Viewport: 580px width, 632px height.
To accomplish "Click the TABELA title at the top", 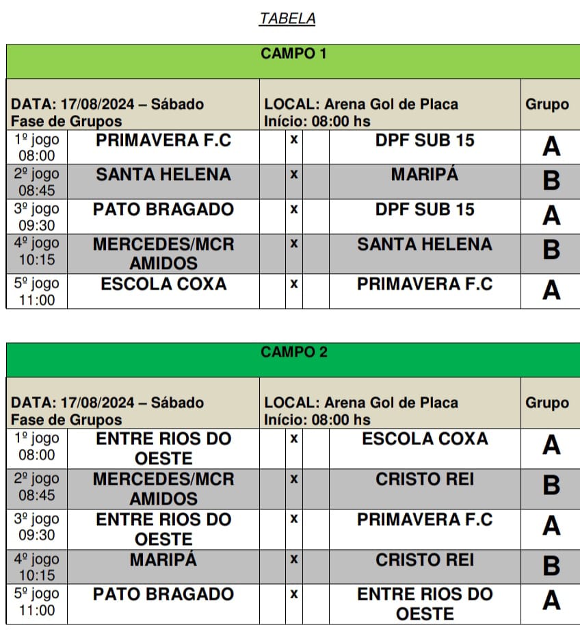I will (x=287, y=18).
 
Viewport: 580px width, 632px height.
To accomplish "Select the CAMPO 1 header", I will (x=293, y=53).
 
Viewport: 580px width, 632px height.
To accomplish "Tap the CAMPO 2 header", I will (x=293, y=352).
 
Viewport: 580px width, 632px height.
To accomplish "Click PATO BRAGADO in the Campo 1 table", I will (x=163, y=209).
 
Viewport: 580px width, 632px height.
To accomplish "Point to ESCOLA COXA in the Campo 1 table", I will (x=163, y=283).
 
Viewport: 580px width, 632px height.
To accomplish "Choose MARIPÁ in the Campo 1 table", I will (x=424, y=175).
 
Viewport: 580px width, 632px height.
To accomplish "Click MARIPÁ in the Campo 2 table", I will (x=163, y=559).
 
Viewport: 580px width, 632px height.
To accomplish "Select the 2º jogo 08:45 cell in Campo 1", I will (x=36, y=181).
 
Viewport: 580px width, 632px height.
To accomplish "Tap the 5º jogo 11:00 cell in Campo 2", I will (x=36, y=601).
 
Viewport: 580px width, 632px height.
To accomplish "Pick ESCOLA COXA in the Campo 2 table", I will (x=424, y=439).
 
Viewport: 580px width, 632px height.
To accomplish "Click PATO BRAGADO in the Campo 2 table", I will (x=163, y=594).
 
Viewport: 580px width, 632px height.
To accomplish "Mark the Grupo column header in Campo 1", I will (x=546, y=104).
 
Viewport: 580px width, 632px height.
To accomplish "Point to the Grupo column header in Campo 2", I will (x=546, y=403).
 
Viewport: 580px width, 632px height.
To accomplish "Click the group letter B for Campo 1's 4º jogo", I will (x=551, y=250).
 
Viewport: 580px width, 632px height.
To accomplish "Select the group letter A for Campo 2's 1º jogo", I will (x=551, y=446).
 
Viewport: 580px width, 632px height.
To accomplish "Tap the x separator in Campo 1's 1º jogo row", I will (x=293, y=140).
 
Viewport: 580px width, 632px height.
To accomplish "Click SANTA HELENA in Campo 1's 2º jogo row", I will (x=163, y=175).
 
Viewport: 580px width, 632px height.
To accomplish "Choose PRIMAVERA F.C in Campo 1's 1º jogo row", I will (x=163, y=140).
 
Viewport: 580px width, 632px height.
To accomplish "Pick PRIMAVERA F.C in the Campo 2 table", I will (x=424, y=519).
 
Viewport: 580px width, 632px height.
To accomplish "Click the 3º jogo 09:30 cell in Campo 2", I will (x=36, y=527).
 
